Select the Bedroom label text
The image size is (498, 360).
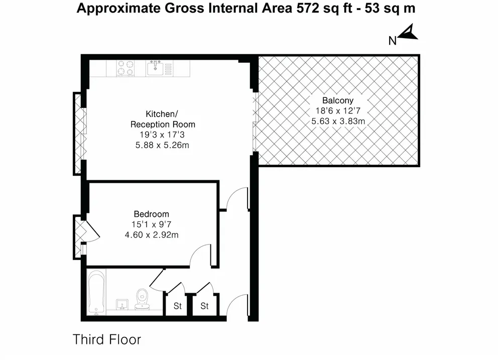click(151, 213)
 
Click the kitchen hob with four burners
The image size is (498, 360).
click(126, 68)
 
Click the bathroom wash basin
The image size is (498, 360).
click(121, 305)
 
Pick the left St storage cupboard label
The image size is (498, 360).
click(177, 306)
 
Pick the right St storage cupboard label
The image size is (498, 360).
click(204, 306)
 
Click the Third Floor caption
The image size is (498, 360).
click(107, 339)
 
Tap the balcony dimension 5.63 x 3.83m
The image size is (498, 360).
click(337, 121)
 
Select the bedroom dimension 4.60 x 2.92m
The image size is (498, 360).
click(151, 234)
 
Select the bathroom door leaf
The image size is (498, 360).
click(157, 278)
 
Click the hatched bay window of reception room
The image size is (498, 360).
click(78, 133)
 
